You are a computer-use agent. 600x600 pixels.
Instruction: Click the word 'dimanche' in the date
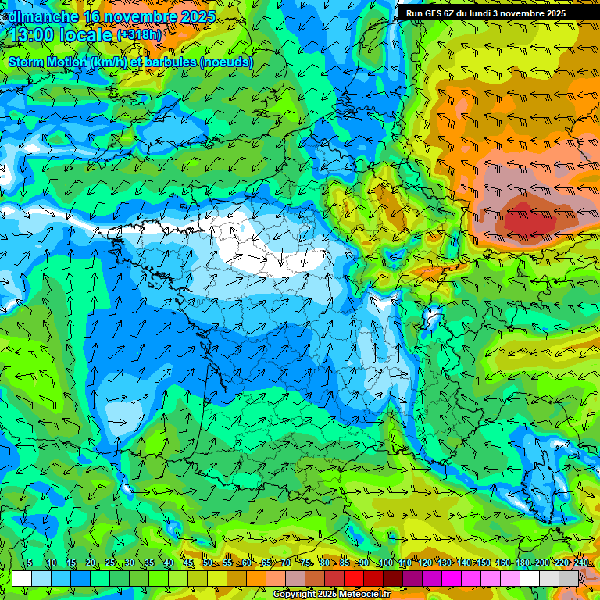tap(43, 16)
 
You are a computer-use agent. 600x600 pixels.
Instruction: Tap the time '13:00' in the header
tap(31, 36)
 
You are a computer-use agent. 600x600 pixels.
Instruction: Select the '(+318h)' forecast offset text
tap(140, 36)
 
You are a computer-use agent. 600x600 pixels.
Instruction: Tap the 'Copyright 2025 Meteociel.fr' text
tap(330, 595)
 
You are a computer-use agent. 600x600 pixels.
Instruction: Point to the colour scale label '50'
tap(208, 563)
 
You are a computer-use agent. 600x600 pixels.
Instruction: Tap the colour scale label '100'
tap(386, 563)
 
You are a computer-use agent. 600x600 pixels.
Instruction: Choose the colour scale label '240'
tap(581, 563)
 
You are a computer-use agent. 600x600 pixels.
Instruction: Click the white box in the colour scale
tap(22, 578)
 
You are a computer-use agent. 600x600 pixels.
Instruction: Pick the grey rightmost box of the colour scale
tap(569, 578)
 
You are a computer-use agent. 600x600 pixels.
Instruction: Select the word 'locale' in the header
tap(84, 36)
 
